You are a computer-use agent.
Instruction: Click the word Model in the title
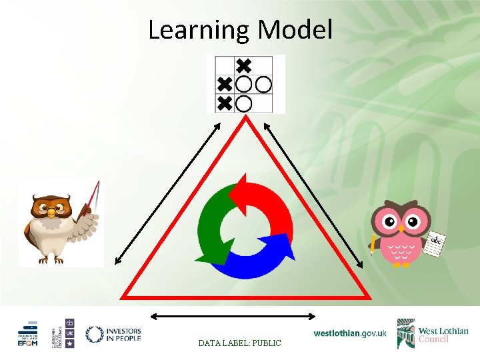[x=295, y=30]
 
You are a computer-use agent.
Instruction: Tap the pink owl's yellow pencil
[x=372, y=243]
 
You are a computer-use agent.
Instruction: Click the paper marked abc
[x=435, y=245]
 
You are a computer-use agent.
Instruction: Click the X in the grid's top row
[x=244, y=65]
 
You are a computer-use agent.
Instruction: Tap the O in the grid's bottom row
[x=244, y=103]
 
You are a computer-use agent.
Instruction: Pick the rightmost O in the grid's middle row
[x=264, y=85]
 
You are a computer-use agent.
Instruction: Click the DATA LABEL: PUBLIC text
[x=239, y=343]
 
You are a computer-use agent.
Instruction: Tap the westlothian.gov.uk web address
[x=349, y=333]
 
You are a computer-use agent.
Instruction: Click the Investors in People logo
[x=113, y=333]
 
